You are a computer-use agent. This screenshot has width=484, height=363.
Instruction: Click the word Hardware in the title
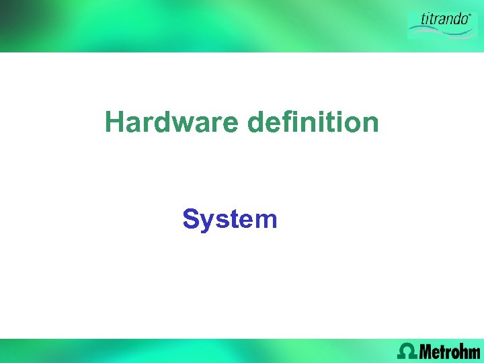[x=172, y=123]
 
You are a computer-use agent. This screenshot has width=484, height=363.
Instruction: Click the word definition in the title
[x=313, y=123]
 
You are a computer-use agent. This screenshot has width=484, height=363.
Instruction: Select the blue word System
[x=229, y=219]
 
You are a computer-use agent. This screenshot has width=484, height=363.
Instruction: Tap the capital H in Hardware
[x=115, y=123]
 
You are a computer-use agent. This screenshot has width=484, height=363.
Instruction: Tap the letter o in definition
[x=351, y=124]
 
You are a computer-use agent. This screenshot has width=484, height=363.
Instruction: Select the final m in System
[x=266, y=220]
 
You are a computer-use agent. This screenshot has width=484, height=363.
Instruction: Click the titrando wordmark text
[x=443, y=19]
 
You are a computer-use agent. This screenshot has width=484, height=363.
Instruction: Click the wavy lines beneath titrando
[x=440, y=30]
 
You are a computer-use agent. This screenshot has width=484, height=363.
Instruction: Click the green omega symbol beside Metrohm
[x=407, y=350]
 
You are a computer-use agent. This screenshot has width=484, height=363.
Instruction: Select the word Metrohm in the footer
[x=450, y=350]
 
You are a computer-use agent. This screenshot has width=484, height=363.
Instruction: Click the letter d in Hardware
[x=161, y=123]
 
